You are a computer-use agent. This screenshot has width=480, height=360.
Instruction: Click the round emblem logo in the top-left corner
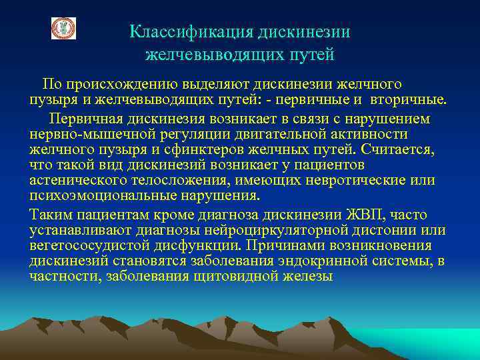(x=64, y=28)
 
